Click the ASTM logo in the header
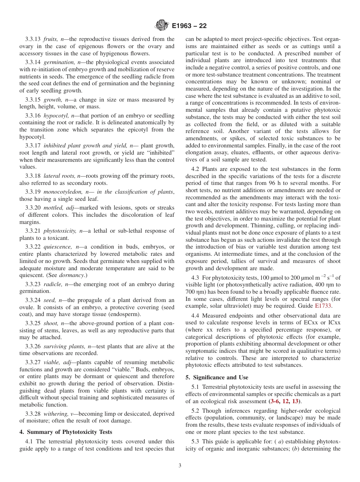(162, 26)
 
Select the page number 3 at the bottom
(180, 466)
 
